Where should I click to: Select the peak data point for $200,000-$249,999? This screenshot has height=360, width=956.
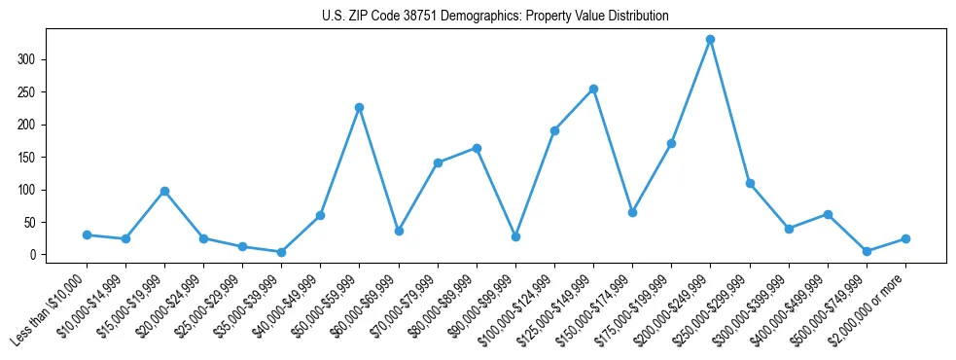711,40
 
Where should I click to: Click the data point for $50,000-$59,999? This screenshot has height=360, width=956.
359,107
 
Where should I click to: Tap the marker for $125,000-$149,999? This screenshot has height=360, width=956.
593,89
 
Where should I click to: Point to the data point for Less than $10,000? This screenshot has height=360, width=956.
87,234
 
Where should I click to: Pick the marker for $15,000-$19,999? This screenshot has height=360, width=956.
164,191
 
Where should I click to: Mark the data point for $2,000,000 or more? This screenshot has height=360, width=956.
905,238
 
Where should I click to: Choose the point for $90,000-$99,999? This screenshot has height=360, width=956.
515,236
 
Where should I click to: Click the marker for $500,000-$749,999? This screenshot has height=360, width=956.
867,251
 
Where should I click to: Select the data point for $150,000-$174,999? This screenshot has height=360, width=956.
632,212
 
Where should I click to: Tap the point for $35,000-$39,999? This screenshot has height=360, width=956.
281,252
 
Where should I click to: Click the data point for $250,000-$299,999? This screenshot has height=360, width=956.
750,183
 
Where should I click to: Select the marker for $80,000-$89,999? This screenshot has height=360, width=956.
477,148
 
